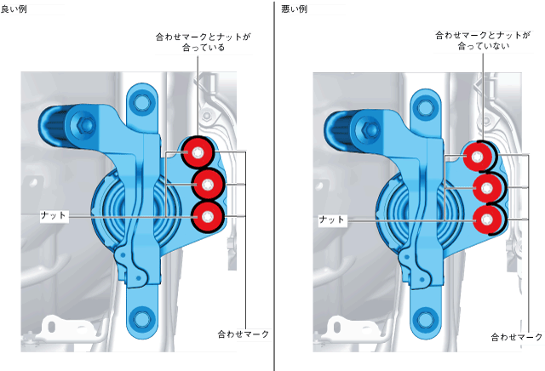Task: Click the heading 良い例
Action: [x=12, y=8]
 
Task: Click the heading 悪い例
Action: [x=294, y=8]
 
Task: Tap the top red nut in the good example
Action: [x=198, y=154]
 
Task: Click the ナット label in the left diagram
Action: [x=53, y=215]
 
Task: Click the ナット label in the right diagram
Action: [x=332, y=220]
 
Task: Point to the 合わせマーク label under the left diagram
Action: [x=243, y=334]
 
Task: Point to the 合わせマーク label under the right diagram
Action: [x=517, y=338]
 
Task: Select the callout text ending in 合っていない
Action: [x=482, y=42]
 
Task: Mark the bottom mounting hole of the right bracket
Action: [x=422, y=320]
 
